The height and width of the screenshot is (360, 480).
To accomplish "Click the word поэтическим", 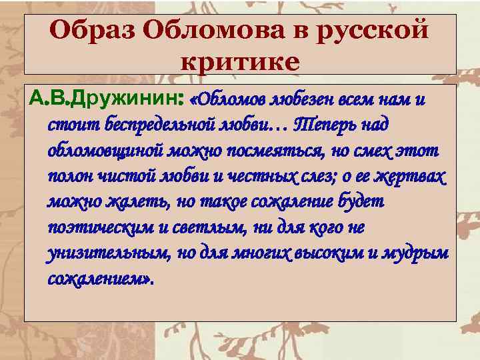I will pos(101,227).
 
